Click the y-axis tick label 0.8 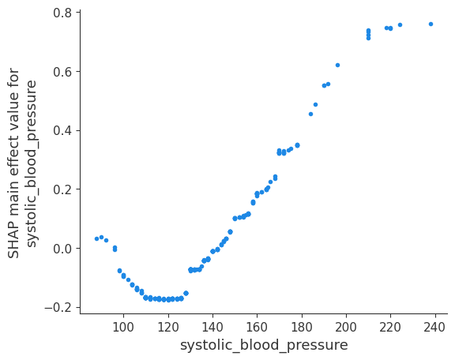63,13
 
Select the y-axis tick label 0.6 63,72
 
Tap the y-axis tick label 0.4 63,130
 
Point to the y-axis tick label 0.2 63,189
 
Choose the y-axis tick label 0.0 63,248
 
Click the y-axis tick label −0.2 60,307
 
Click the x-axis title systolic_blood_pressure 264,345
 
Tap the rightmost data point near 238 431,24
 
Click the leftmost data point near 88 96,238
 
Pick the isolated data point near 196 337,65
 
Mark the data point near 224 400,24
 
